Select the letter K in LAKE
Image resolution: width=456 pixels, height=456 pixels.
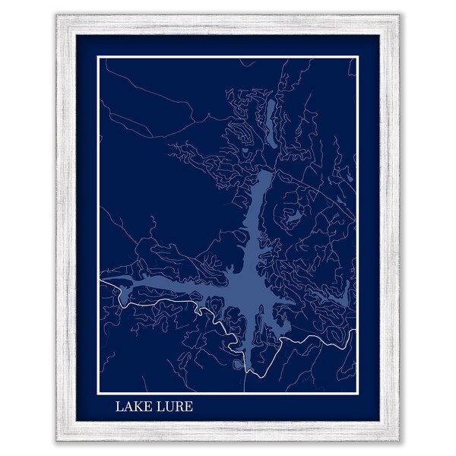point(136,407)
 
